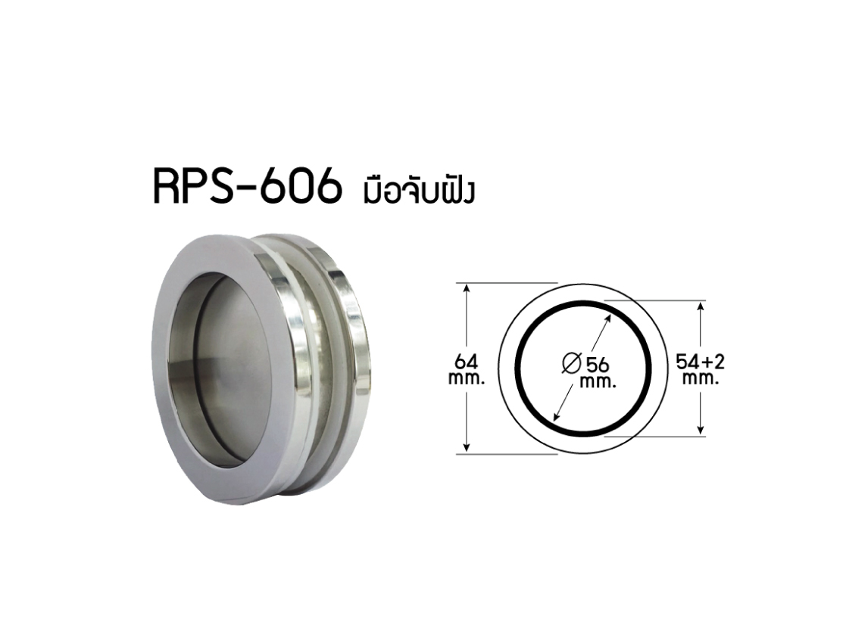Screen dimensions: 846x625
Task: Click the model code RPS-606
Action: click(248, 186)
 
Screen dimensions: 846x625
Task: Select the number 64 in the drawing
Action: click(466, 361)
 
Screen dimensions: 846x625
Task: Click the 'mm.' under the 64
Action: click(467, 378)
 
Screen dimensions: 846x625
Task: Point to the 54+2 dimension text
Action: click(700, 362)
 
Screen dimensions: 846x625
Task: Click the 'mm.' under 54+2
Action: click(701, 378)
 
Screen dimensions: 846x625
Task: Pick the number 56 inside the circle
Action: click(598, 365)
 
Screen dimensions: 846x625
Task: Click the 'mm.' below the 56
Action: click(598, 383)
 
